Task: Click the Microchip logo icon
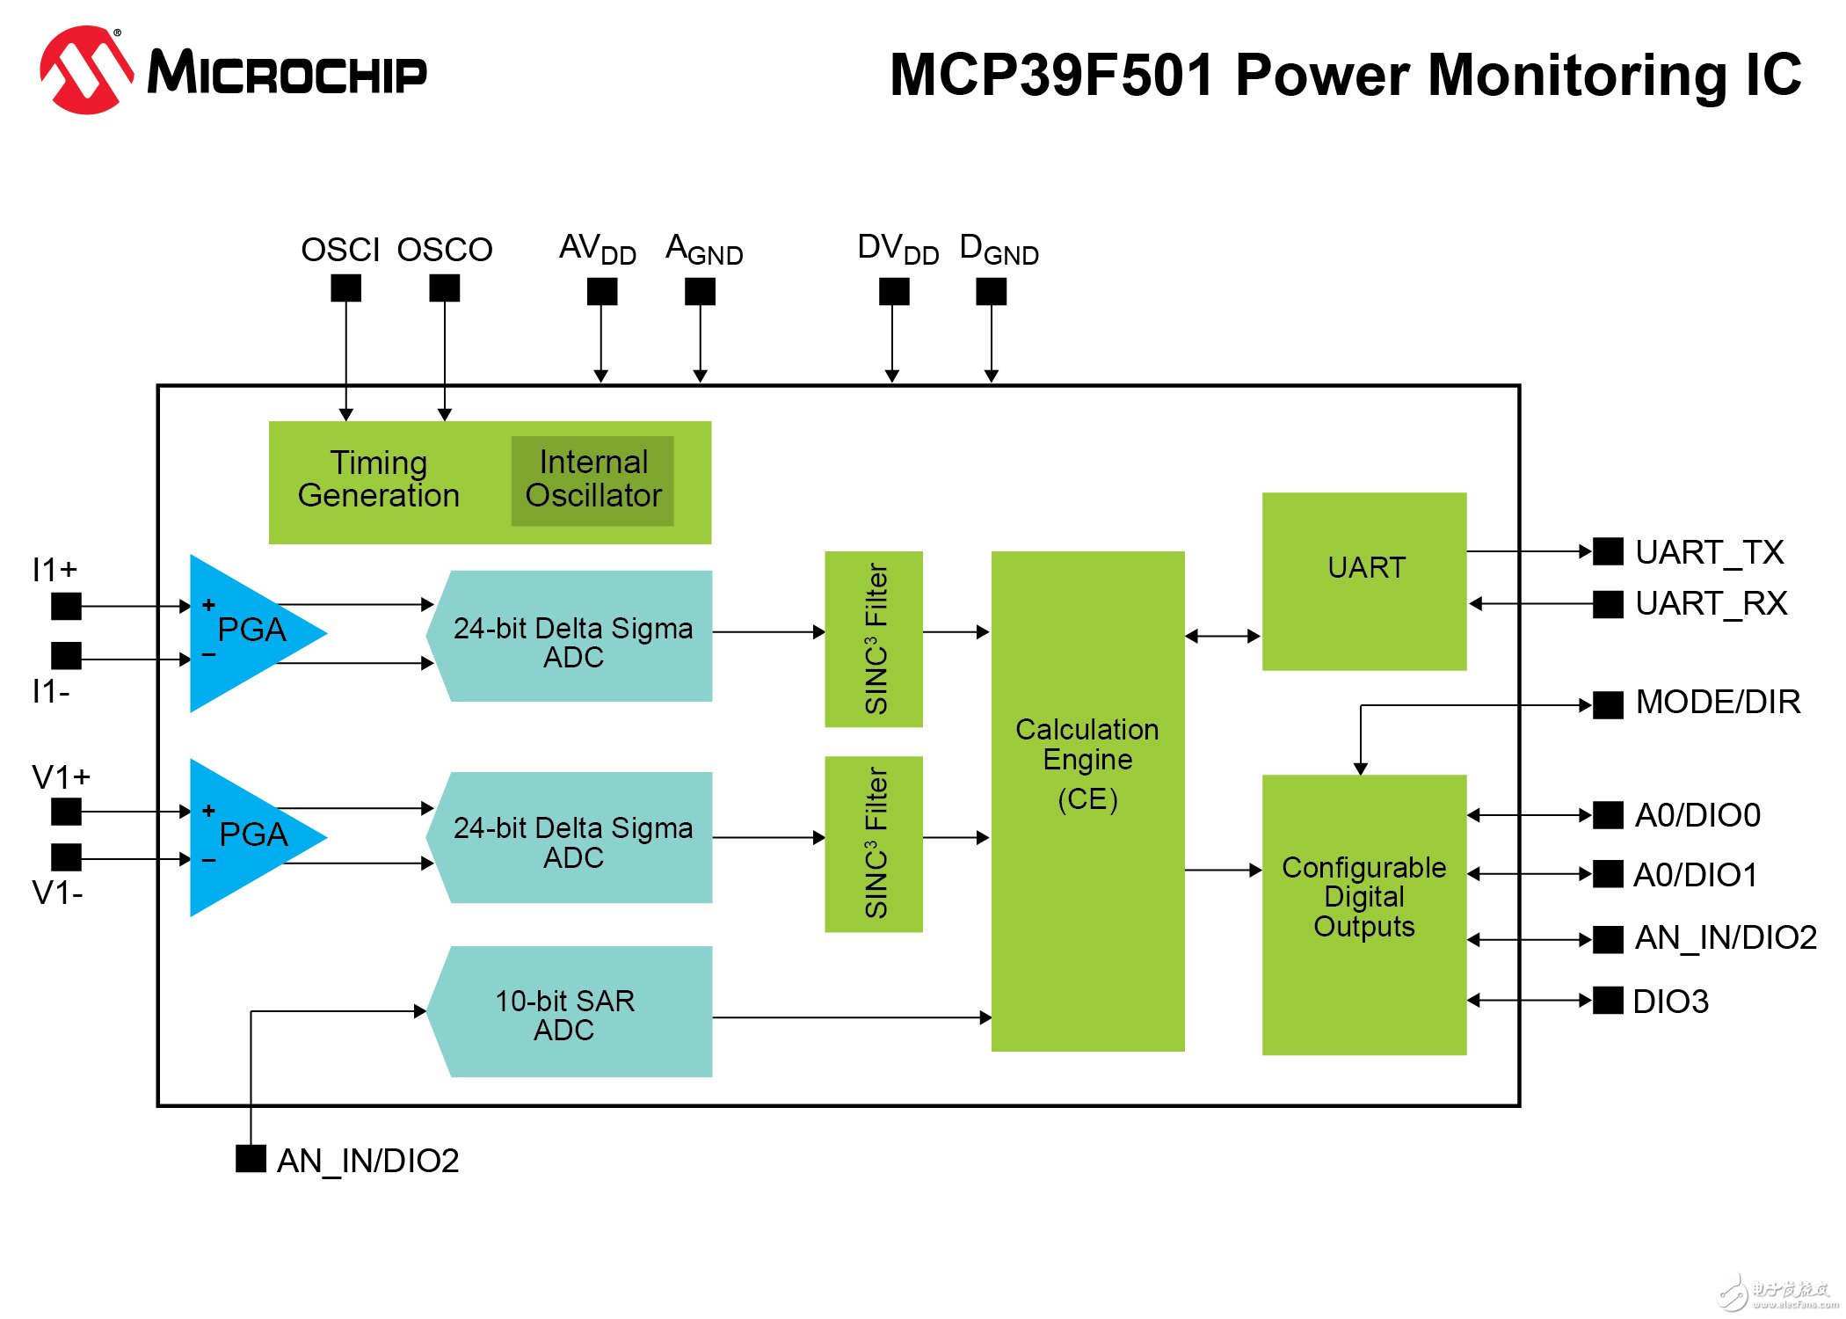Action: click(x=86, y=70)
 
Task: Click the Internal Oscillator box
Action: click(x=592, y=481)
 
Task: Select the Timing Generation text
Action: click(x=378, y=479)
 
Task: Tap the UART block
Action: click(x=1363, y=581)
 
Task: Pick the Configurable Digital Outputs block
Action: click(x=1363, y=915)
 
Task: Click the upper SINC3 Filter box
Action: click(x=874, y=639)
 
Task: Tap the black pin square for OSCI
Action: click(x=345, y=288)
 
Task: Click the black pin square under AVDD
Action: click(x=602, y=291)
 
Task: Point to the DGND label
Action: click(x=999, y=251)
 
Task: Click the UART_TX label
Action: click(x=1709, y=552)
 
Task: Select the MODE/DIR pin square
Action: click(x=1608, y=704)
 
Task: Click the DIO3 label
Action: click(x=1670, y=1002)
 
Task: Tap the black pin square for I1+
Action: click(x=66, y=606)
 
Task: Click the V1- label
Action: click(x=57, y=893)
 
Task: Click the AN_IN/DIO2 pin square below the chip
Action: click(x=251, y=1158)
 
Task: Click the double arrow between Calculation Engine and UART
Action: click(x=1223, y=636)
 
